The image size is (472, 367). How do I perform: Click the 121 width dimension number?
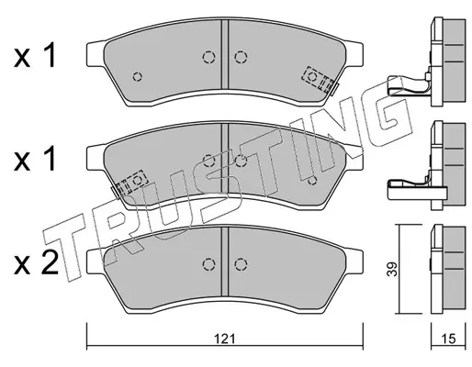coord(225,339)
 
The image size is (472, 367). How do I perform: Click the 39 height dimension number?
coord(392,269)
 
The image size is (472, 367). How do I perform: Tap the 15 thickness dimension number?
coord(449,339)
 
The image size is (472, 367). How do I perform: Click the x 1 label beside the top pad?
coord(35,56)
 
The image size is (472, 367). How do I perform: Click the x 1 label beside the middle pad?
coord(35,159)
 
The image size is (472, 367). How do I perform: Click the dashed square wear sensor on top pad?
coord(318,79)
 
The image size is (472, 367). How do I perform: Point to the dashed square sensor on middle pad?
coord(132,183)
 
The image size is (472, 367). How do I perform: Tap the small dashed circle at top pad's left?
coord(138,76)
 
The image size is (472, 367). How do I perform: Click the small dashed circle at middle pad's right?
coord(312,181)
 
